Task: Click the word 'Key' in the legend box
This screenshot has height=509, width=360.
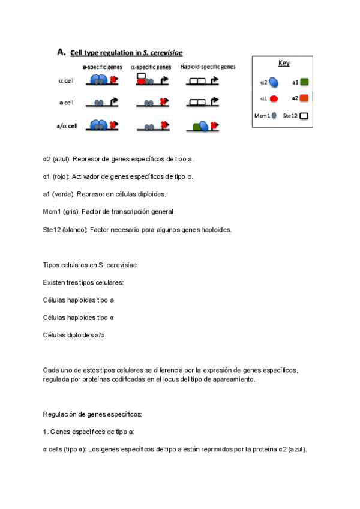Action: tap(284, 63)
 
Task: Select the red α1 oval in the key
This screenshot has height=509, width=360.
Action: tap(274, 98)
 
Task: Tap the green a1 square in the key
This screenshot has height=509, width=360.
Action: tap(304, 82)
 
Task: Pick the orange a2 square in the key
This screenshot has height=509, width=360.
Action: tap(304, 97)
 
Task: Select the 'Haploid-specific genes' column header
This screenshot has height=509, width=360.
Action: tap(208, 67)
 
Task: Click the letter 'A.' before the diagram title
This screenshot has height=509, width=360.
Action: tap(61, 52)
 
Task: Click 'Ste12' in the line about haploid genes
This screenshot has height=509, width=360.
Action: tap(52, 229)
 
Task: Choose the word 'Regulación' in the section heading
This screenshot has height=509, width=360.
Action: tap(58, 414)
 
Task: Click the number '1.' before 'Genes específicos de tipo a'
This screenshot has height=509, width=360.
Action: tap(46, 432)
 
